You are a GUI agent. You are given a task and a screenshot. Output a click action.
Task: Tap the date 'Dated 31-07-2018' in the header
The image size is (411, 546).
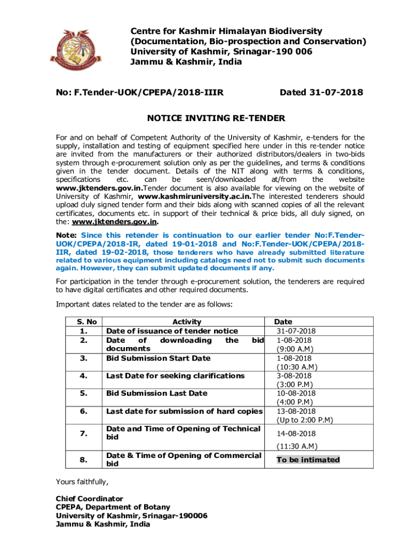(x=321, y=93)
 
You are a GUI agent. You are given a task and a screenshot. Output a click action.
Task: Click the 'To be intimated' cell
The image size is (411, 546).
(x=308, y=460)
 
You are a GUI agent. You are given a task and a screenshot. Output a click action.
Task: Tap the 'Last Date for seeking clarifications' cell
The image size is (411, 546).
(x=175, y=375)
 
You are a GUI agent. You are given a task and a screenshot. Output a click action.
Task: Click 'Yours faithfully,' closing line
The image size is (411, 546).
(x=82, y=482)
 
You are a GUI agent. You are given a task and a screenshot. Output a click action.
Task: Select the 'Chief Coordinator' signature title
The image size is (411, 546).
(x=89, y=499)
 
